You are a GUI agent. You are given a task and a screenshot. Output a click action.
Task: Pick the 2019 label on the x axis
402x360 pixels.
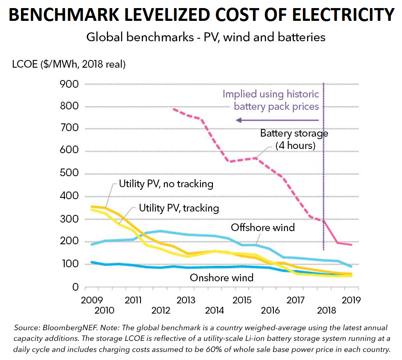tap(350, 300)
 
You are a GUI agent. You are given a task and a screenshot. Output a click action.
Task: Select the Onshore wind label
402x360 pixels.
tap(221, 278)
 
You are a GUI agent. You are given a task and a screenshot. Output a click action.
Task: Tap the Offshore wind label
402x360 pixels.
tap(263, 227)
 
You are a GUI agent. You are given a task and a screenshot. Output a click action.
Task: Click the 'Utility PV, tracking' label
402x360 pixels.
tap(179, 208)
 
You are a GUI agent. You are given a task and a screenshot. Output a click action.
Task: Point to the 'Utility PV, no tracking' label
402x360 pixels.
tap(166, 184)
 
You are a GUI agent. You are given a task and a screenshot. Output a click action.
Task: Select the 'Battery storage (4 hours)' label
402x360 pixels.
tap(294, 139)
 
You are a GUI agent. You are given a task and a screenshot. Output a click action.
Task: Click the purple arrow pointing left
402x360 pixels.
tap(277, 120)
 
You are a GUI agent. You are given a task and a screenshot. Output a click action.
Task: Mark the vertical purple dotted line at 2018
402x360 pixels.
tap(324, 170)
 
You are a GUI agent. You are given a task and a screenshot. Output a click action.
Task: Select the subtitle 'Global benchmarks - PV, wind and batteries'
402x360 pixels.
tap(206, 37)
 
